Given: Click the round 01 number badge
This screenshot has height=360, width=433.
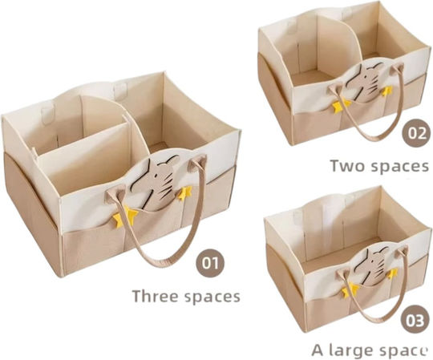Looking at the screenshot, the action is click(x=210, y=263).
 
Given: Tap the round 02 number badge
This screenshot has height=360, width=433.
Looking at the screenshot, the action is click(x=416, y=133).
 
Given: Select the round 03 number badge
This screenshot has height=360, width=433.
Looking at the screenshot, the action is click(x=414, y=321).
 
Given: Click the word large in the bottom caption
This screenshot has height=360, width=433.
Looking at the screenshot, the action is click(x=349, y=351).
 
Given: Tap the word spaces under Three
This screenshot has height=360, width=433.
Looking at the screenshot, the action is click(x=212, y=297).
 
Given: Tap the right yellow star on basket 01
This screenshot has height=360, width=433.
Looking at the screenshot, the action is click(x=184, y=193).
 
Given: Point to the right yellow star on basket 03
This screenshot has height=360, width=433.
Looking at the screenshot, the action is click(x=392, y=273).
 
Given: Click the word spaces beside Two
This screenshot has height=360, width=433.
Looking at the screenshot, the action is click(x=399, y=166).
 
